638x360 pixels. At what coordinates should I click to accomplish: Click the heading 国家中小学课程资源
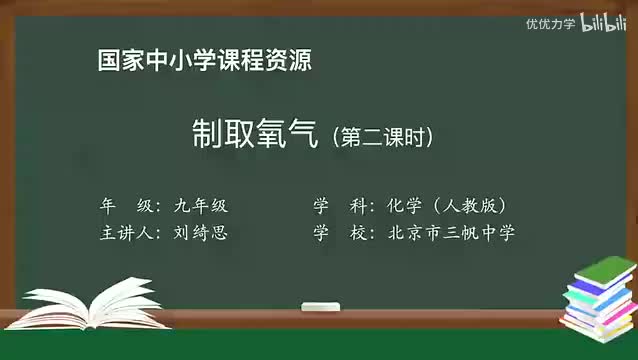pos(204,61)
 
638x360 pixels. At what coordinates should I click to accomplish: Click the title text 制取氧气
pos(254,134)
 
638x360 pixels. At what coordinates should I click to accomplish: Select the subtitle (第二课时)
pos(384,137)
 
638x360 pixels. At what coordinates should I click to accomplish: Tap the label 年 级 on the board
pos(126,206)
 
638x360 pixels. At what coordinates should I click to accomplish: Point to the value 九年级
pos(199,206)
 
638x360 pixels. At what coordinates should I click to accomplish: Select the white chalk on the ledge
pos(324,308)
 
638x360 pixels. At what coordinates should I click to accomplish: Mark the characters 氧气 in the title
pos(286,134)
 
